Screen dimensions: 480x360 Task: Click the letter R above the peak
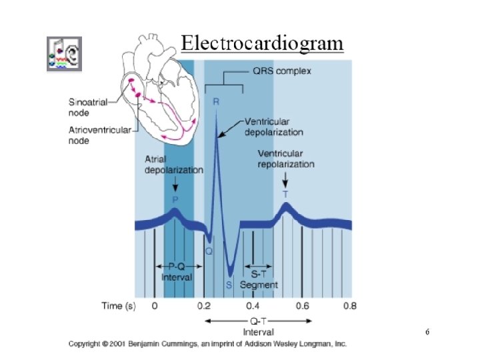[x=216, y=102]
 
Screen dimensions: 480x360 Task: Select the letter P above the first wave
[x=175, y=199]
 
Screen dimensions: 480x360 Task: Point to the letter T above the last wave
[x=285, y=194]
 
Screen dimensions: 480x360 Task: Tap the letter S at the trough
[x=229, y=285]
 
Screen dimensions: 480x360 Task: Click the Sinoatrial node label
[x=88, y=107]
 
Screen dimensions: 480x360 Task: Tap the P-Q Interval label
[x=176, y=271]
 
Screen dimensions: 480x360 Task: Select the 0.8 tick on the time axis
[x=349, y=307]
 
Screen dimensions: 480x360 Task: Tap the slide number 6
[x=427, y=331]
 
